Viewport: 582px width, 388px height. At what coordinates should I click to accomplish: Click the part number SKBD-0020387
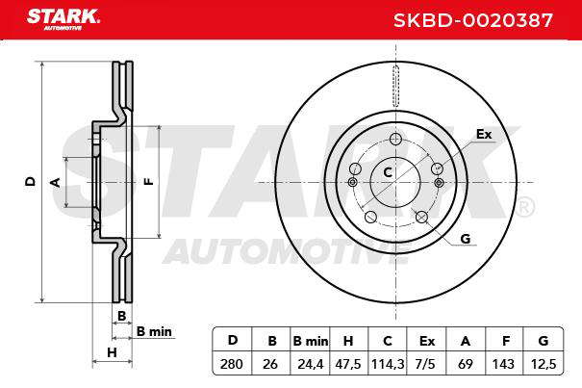click(x=473, y=20)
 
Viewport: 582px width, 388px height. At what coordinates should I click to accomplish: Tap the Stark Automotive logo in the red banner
click(x=63, y=19)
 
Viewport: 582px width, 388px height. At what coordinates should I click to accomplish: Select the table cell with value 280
click(x=232, y=364)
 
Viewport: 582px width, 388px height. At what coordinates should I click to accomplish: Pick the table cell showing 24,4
click(x=311, y=364)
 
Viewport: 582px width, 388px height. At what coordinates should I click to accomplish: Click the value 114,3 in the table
click(x=388, y=364)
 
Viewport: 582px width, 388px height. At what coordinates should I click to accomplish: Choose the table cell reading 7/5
click(x=425, y=364)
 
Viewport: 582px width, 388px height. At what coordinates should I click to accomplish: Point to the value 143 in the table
click(x=503, y=364)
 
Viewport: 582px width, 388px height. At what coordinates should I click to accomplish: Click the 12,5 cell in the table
click(x=544, y=364)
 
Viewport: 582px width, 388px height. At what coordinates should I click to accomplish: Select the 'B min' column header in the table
click(x=311, y=341)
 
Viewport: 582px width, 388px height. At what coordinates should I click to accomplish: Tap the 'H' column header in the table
click(x=348, y=341)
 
